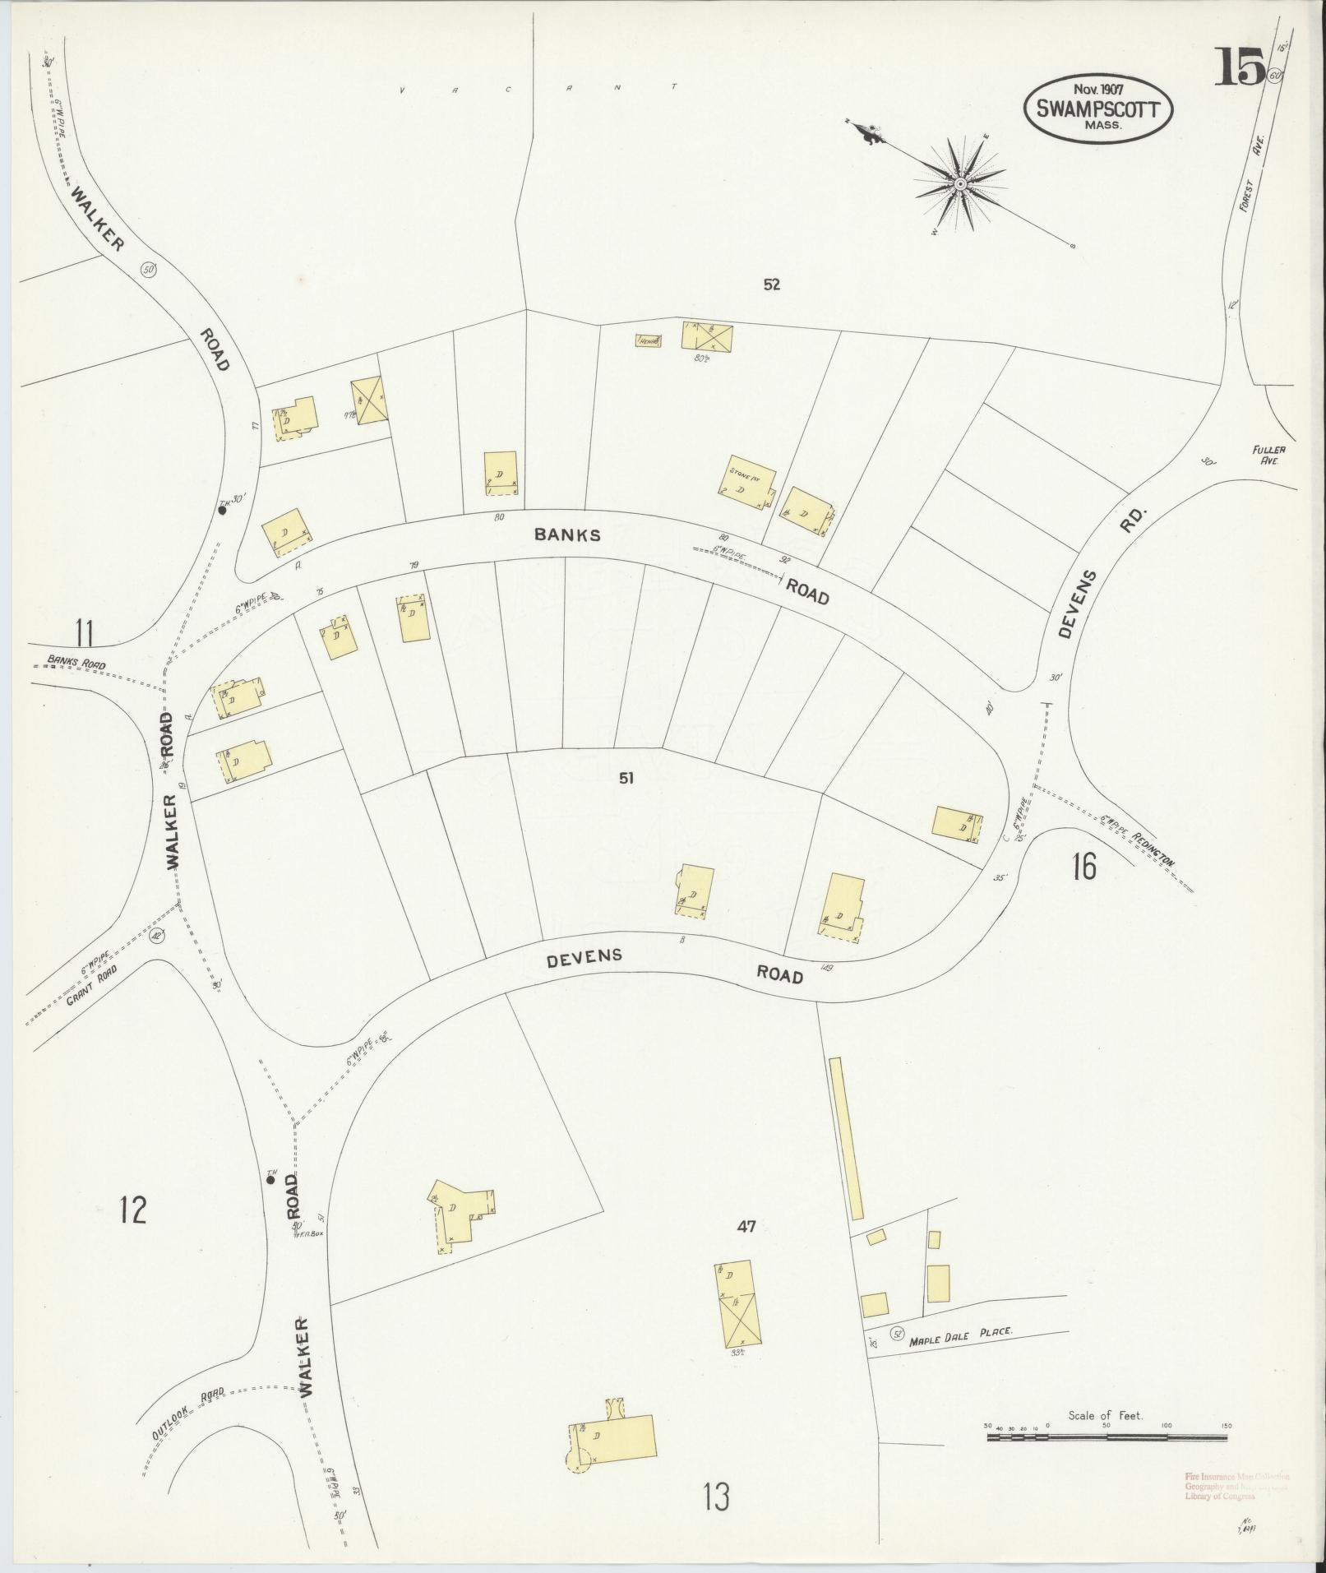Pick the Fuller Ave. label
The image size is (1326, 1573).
tap(1268, 456)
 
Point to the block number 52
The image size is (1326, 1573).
tap(770, 285)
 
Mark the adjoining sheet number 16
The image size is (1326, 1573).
tap(1083, 867)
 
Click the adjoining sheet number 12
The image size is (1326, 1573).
tap(132, 1210)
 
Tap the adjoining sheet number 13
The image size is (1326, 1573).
tap(716, 1497)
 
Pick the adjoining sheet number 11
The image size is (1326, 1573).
tap(84, 633)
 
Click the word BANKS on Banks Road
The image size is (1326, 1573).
tap(567, 534)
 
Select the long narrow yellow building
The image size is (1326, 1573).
tap(846, 1138)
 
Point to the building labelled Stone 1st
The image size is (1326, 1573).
tap(746, 483)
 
